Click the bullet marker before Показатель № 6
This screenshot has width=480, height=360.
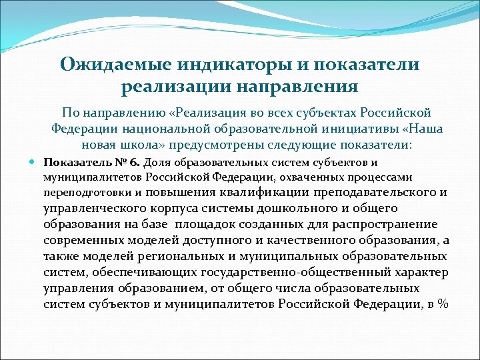33,162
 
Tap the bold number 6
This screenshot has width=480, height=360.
135,162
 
